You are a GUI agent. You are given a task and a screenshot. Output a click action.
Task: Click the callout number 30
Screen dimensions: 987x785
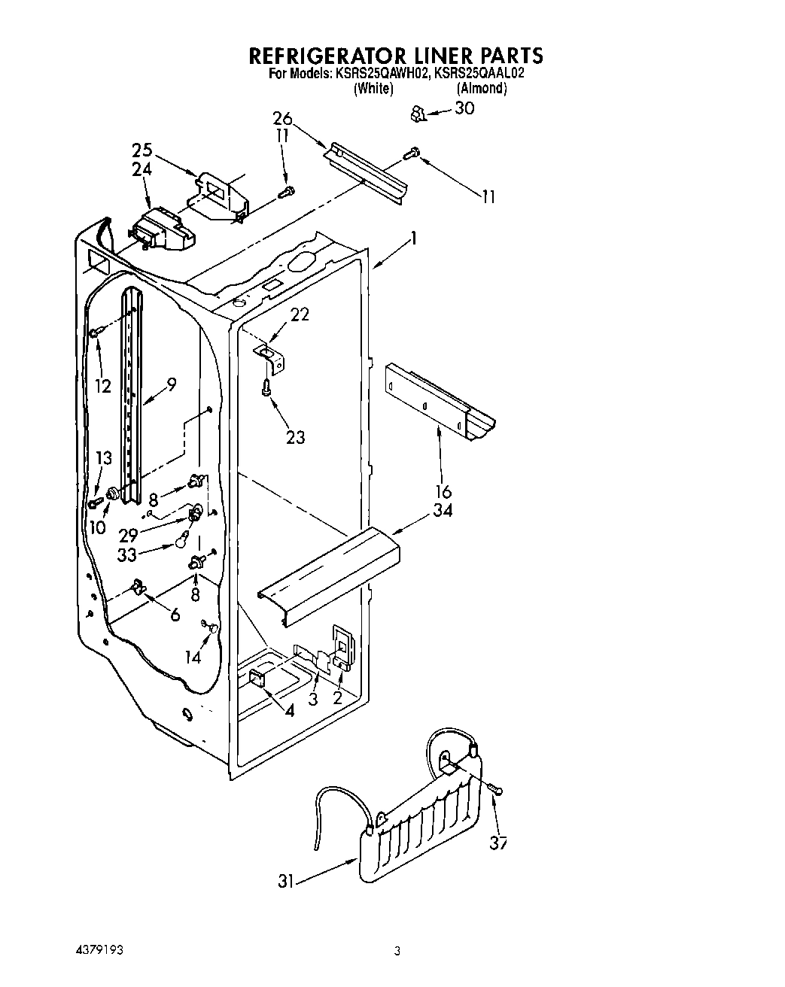464,108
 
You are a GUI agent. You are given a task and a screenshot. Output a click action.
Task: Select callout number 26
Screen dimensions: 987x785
282,118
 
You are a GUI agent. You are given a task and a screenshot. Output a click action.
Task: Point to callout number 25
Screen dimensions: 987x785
141,150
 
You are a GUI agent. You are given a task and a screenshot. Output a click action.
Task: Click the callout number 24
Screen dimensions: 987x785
141,170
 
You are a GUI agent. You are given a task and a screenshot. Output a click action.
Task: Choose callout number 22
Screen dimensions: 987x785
300,314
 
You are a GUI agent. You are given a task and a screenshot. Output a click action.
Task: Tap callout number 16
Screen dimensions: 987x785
443,492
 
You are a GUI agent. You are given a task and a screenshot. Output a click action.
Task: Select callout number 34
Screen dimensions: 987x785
443,512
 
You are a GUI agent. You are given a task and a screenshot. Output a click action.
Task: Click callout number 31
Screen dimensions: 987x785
285,881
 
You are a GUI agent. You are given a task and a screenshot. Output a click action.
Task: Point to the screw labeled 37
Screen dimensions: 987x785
495,788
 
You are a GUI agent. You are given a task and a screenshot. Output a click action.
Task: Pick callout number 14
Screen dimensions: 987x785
193,657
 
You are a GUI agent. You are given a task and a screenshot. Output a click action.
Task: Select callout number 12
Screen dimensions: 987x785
103,387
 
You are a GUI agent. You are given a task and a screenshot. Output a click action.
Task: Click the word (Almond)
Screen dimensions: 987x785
482,89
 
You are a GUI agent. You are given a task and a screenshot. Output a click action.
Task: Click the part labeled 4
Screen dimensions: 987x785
256,679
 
